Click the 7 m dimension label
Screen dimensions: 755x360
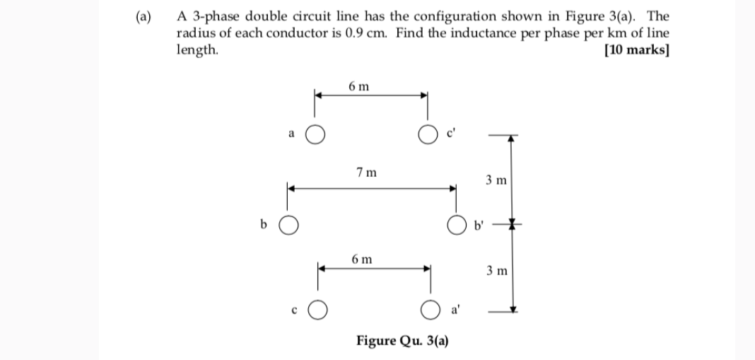366,172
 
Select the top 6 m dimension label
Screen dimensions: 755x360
358,86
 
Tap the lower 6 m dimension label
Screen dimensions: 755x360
362,260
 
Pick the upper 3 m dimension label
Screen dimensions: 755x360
496,180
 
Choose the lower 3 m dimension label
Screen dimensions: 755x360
496,271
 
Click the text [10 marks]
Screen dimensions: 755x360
636,50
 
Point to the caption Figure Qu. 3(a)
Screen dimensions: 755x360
402,341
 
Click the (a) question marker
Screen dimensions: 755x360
144,17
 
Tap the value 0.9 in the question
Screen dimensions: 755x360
354,33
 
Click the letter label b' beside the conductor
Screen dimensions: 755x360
478,225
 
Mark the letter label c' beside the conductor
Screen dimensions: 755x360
451,134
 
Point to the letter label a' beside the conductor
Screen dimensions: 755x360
455,310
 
